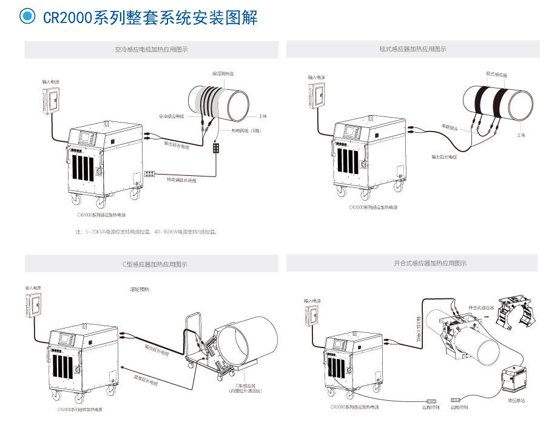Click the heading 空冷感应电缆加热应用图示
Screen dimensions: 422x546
151,50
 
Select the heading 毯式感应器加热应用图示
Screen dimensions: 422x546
413,49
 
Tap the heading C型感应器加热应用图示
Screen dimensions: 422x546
151,264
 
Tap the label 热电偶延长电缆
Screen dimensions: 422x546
181,179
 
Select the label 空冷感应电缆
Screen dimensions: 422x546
170,115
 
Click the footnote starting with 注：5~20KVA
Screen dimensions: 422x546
146,232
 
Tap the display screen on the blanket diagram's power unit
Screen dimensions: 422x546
352,131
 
